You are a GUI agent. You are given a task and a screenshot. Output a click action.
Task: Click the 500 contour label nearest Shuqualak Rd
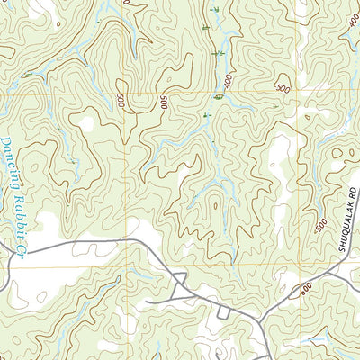click(x=322, y=228)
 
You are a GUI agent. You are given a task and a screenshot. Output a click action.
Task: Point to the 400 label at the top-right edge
click(x=352, y=20)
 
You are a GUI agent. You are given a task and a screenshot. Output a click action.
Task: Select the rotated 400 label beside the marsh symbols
click(x=229, y=81)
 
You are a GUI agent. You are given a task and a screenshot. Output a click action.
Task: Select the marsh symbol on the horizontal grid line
click(x=219, y=95)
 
